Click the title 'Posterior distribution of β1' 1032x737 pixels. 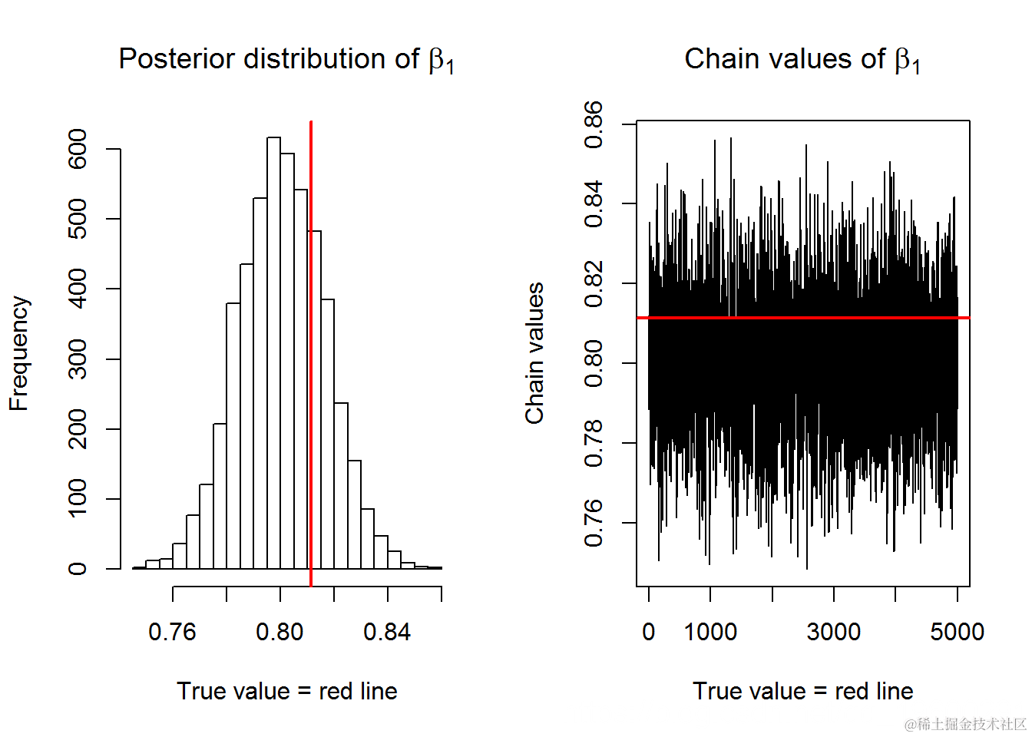point(286,59)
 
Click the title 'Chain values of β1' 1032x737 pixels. point(802,59)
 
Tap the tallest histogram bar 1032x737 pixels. point(273,353)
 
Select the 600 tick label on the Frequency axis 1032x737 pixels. point(78,149)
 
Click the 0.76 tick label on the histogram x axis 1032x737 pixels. point(172,632)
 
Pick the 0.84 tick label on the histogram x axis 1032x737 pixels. point(387,632)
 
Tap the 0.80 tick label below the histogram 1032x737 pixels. point(279,632)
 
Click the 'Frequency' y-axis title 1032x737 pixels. point(18,353)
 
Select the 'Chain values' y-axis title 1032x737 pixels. point(534,353)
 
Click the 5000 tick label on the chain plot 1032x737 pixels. point(957,632)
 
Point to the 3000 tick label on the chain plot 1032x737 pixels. point(833,632)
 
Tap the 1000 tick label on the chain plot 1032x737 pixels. point(710,632)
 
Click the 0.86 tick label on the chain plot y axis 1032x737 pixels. point(594,124)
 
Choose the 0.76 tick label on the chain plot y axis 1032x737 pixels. point(594,523)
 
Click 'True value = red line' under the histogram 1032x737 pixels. point(287,691)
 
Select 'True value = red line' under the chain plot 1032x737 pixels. point(803,691)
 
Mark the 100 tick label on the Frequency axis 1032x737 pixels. point(78,499)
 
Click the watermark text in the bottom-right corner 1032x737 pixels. point(965,724)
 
